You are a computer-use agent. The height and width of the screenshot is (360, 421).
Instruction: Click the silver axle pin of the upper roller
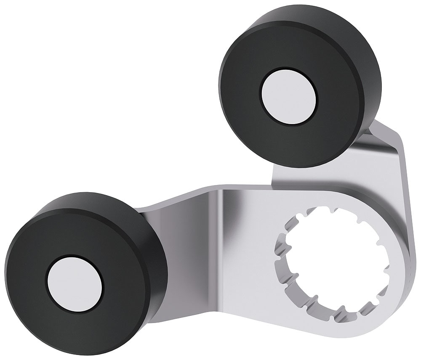point(289,96)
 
